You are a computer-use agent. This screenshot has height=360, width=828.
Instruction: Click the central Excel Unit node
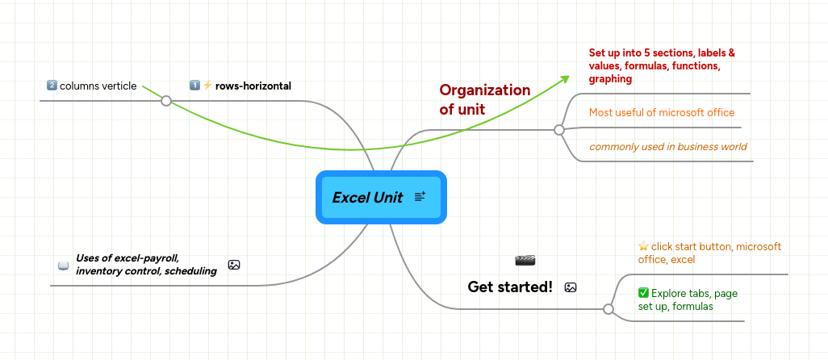368,198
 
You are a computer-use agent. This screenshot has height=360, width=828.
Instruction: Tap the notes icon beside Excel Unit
420,197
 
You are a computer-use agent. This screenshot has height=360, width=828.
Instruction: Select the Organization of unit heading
484,99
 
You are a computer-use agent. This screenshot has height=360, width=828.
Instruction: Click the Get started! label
510,287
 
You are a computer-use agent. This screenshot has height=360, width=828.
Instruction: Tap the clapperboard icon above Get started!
525,260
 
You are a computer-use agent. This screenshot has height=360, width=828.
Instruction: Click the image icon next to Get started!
571,287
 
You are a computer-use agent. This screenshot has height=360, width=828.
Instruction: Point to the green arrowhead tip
567,77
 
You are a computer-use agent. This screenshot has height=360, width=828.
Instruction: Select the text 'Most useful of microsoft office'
662,112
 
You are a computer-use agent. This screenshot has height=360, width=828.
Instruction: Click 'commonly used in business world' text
667,147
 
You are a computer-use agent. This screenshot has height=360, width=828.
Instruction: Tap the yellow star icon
643,246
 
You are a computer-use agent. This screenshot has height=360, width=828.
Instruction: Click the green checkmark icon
643,293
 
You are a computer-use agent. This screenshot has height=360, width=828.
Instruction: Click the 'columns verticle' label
98,86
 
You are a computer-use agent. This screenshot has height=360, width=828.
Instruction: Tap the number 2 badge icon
52,86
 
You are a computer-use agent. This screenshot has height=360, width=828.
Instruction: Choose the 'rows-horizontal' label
253,86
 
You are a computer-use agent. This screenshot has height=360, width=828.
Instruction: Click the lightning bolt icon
207,86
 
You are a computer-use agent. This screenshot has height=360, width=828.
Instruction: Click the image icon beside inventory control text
234,265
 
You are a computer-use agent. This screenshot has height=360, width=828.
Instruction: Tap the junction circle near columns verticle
165,101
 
